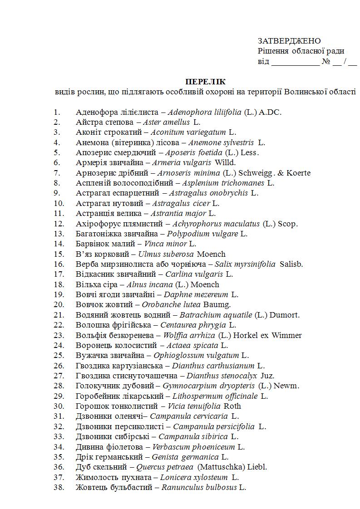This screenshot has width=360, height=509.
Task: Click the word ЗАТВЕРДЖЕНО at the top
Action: [x=289, y=41]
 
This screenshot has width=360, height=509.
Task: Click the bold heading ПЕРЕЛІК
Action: [x=205, y=82]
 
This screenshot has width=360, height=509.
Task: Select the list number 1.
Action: [x=57, y=112]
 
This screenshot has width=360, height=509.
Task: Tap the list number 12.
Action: [x=59, y=224]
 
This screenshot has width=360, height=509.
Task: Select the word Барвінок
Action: [x=93, y=244]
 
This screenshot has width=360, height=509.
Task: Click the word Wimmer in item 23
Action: [x=286, y=335]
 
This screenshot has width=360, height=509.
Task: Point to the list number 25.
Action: [x=59, y=356]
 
